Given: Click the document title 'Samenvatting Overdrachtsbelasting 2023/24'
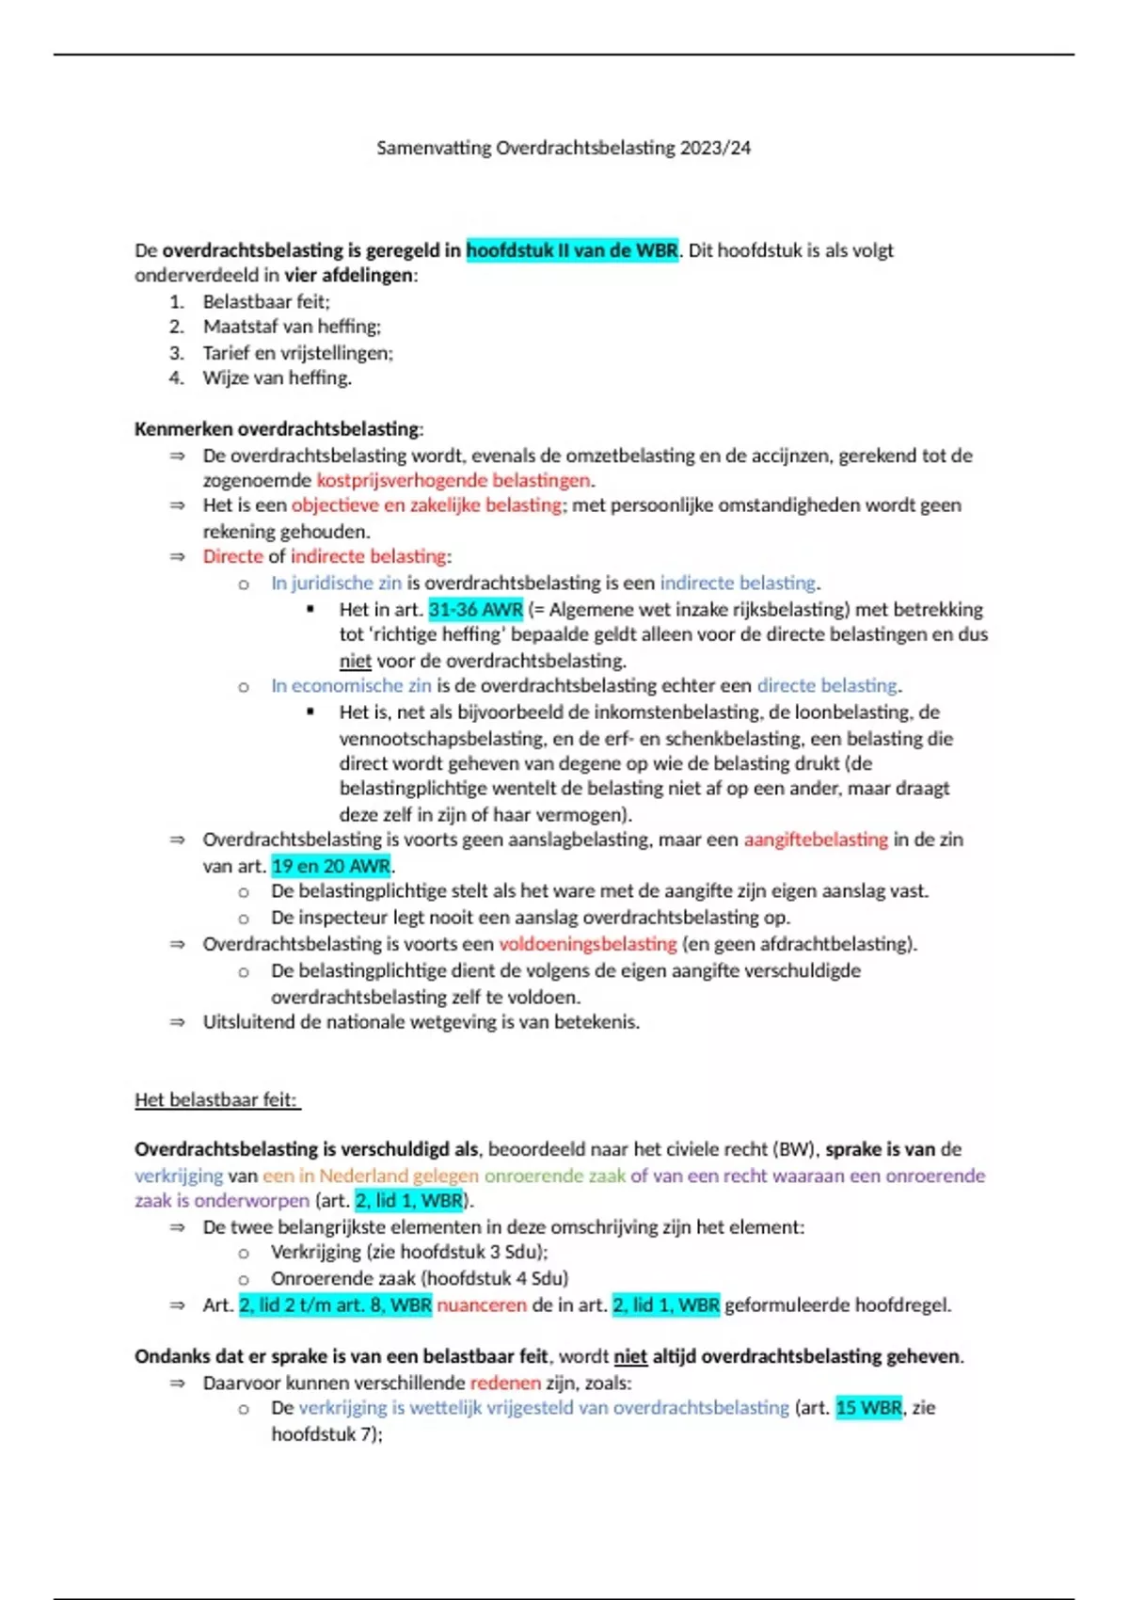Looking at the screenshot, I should pos(564,148).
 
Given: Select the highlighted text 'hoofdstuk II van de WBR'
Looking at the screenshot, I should pos(572,250).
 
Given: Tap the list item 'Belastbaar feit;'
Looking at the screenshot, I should pos(266,302).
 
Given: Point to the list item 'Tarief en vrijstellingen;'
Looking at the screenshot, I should pos(297,353).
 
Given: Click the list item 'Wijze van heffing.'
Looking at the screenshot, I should pos(277,378).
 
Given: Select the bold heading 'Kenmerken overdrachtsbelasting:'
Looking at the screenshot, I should pos(278,429).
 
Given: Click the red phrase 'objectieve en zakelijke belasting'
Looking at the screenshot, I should pos(426,505).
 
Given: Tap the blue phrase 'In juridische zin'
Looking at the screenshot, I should pos(336,583).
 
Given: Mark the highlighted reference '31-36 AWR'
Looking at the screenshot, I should pos(475,609).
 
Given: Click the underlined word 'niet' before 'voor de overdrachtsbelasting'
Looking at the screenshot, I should pos(355,661).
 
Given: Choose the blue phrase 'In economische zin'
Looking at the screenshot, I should pos(351,686).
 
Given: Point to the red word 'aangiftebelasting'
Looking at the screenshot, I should pos(816,840).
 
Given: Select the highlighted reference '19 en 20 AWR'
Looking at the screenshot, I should pos(330,866).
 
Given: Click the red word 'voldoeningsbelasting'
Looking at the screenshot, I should pos(587,944).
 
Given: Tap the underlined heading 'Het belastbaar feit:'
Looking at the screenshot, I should pos(216,1099).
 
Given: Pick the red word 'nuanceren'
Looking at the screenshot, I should pos(482,1305).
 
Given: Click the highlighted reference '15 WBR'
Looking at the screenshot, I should pos(868,1408).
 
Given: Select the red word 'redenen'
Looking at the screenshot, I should pos(505,1383).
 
